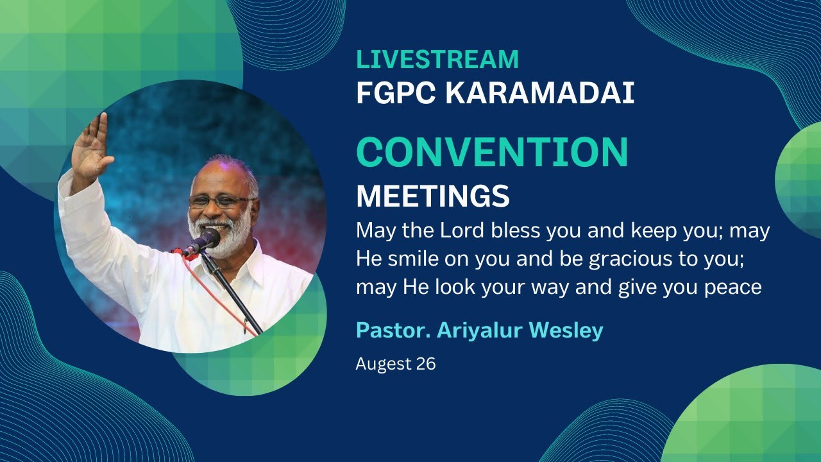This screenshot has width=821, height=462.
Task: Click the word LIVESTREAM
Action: [437, 59]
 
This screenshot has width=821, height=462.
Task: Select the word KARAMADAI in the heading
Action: [539, 94]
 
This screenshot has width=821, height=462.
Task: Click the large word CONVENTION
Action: [492, 153]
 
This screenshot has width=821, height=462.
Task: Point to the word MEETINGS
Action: [433, 196]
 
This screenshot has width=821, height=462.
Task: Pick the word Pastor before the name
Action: [393, 330]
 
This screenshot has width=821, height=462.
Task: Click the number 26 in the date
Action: [425, 364]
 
